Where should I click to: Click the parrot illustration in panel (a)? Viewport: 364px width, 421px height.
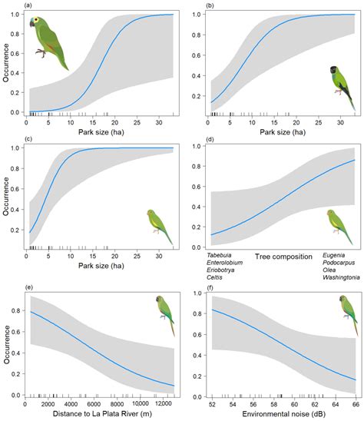(x=48, y=42)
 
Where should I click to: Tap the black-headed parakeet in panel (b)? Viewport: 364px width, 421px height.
(x=342, y=88)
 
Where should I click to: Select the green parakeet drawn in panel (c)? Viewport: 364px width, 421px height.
(x=160, y=227)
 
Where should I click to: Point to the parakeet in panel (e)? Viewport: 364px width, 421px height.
(x=165, y=316)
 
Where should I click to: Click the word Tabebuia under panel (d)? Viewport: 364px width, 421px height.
(x=219, y=255)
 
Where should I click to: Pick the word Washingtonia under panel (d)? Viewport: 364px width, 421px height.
(x=341, y=277)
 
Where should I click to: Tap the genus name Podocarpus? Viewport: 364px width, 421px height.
(x=339, y=263)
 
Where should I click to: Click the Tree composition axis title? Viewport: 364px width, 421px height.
(x=283, y=257)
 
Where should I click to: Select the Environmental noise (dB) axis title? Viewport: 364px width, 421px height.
(x=283, y=414)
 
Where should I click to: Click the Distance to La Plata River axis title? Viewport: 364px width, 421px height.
(x=102, y=414)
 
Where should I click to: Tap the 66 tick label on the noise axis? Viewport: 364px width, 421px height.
(x=356, y=404)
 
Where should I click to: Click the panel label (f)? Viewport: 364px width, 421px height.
(x=210, y=287)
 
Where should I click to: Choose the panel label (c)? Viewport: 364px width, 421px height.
(x=28, y=139)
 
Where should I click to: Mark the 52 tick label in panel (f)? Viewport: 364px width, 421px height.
(x=212, y=404)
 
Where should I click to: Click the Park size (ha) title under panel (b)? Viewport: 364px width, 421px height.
(x=283, y=132)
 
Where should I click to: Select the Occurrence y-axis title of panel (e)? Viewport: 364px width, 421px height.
(x=7, y=344)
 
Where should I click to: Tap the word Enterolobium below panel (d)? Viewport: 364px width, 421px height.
(x=225, y=263)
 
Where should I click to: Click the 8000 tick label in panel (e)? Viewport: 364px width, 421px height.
(x=117, y=403)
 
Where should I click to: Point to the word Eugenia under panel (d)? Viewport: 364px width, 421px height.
(x=333, y=255)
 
